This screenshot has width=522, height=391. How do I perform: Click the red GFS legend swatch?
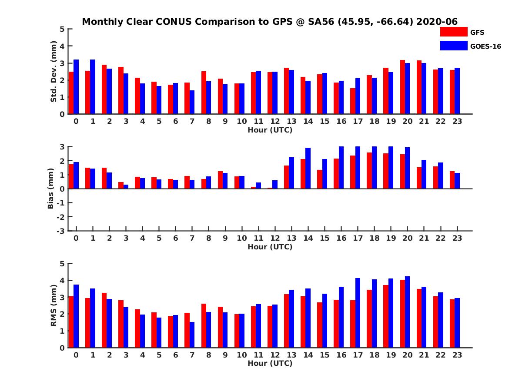[x=453, y=32]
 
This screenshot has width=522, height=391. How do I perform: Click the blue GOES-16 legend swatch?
[x=453, y=46]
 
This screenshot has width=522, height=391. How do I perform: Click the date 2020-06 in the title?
[x=437, y=22]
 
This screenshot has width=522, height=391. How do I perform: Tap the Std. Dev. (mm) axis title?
[x=54, y=72]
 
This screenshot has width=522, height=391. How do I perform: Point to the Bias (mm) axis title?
[x=51, y=189]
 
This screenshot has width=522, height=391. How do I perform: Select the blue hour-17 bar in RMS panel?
[x=358, y=313]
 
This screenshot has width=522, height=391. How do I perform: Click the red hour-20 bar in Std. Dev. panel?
[x=403, y=87]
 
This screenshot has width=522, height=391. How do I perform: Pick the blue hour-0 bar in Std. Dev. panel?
[x=76, y=87]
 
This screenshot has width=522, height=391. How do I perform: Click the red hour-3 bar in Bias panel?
[x=121, y=186]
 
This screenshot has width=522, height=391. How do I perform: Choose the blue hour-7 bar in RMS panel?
[x=192, y=335]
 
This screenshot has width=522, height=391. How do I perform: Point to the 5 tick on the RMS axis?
[x=62, y=264]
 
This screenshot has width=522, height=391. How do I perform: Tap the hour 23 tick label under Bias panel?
[x=457, y=238]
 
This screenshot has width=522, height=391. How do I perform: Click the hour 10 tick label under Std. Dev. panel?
[x=241, y=121]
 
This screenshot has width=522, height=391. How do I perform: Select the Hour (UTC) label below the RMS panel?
[x=270, y=363]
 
